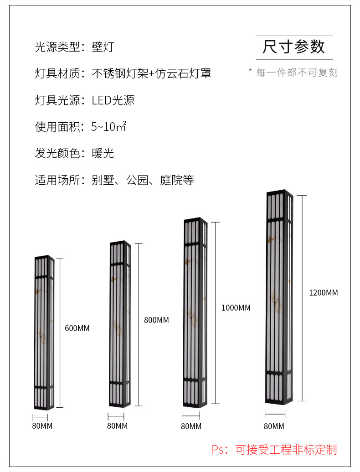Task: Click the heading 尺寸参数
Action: point(294,47)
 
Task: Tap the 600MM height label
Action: point(77,328)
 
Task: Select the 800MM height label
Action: point(156,320)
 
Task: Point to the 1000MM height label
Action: point(236,307)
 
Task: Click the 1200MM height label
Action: point(323,292)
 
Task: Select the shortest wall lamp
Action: point(44,332)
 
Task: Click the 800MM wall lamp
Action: point(120,324)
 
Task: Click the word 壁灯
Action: point(103,47)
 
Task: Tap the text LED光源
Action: point(113,100)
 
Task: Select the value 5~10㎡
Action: point(108,127)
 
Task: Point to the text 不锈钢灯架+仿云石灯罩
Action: point(151,73)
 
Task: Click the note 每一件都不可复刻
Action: point(297,73)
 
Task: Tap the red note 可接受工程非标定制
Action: point(286,449)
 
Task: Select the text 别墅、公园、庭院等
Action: point(143,180)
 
